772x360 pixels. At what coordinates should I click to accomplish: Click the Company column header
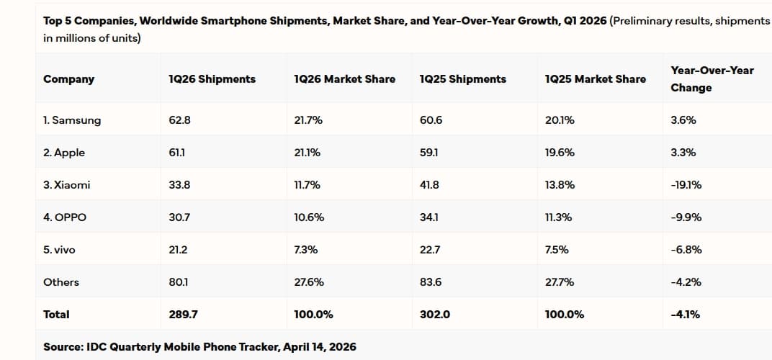68,79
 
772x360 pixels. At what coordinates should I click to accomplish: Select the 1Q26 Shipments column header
212,79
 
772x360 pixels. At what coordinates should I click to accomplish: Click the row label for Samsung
72,120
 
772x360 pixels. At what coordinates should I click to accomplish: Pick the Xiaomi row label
67,185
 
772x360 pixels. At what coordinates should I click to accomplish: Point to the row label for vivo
59,250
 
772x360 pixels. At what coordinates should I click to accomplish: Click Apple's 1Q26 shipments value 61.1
179,153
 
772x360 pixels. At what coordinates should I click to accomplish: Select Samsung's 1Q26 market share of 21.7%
308,120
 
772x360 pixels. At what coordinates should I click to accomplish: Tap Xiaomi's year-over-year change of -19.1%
686,185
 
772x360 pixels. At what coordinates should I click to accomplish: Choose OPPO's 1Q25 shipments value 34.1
429,217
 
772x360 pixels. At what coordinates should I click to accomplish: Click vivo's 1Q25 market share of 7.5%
557,250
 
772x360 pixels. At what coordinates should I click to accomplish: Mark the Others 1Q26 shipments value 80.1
179,282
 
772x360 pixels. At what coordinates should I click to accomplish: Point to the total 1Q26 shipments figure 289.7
183,315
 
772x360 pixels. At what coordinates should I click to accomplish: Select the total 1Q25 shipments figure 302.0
434,315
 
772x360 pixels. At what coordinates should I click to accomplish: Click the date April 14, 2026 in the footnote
320,347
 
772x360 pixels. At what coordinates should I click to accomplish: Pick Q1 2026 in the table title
583,21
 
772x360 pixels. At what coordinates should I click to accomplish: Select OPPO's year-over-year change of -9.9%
686,217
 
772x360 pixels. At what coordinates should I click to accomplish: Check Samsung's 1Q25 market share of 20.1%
560,120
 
